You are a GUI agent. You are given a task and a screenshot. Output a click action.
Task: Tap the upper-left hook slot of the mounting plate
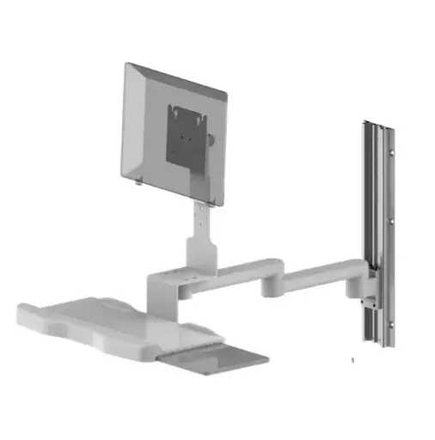175,108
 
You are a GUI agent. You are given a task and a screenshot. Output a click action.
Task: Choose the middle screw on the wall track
392,221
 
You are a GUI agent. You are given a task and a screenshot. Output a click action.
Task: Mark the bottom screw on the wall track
392,324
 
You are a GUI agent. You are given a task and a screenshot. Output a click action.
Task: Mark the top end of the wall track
377,121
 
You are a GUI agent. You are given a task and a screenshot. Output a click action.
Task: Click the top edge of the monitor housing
172,76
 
